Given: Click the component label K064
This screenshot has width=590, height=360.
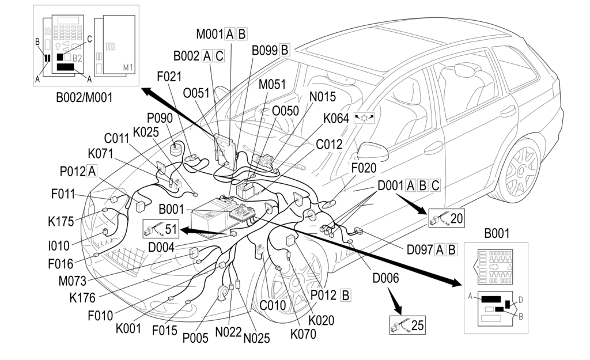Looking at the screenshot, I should tap(336, 118).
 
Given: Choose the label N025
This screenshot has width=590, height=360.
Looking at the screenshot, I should tap(256, 339).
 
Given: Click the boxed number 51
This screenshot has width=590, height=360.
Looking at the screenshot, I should tap(171, 229).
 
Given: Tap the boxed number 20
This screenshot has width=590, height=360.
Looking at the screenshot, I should tap(456, 218).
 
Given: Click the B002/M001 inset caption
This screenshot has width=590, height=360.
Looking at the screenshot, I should tap(84, 97).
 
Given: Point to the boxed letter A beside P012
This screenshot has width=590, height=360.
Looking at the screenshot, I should tap(92, 170).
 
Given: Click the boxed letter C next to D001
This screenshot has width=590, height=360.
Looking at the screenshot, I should tap(435, 185).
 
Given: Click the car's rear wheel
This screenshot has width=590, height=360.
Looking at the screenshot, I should tap(521, 169).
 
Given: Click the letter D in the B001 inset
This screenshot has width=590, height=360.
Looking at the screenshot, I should tap(520, 299).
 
